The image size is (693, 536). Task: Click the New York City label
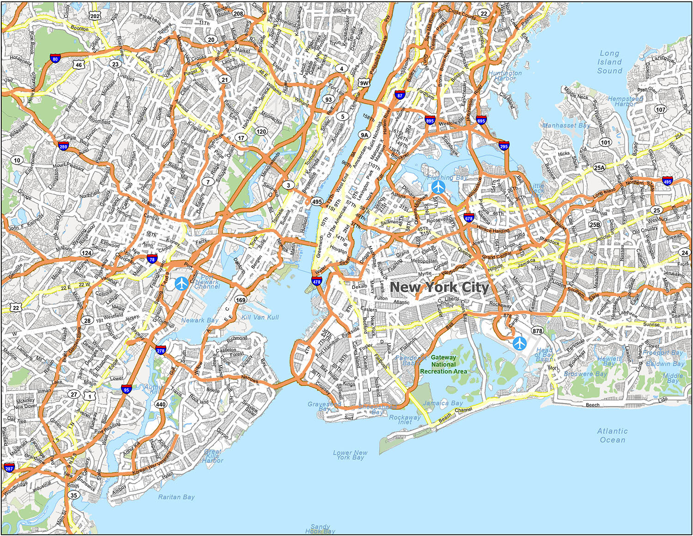[439, 287]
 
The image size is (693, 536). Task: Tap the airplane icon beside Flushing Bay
[438, 187]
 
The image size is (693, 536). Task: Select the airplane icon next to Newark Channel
[182, 283]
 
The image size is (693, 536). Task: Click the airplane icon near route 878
[520, 343]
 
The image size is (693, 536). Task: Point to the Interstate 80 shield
[55, 58]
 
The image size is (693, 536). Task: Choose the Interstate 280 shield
[63, 146]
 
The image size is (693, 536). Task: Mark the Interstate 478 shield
[316, 281]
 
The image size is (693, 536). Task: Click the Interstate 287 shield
[9, 468]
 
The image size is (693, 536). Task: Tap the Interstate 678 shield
[469, 218]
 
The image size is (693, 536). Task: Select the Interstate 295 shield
[504, 146]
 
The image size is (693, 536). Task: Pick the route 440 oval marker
[160, 404]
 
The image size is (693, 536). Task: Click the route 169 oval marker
[240, 300]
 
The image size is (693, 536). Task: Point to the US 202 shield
[95, 16]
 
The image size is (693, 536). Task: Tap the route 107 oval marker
[661, 110]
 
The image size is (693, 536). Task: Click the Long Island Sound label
[610, 62]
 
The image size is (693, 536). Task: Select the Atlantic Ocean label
[613, 435]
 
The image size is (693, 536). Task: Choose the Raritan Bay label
[176, 497]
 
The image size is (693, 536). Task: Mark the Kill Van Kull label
[260, 317]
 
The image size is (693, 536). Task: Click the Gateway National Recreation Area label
[444, 364]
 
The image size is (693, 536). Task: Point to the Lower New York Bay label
[350, 455]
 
